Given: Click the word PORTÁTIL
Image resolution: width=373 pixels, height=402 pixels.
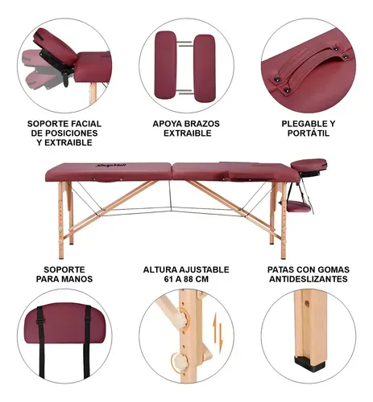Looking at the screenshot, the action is click(309, 133).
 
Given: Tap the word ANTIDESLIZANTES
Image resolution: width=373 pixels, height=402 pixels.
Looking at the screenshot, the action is click(309, 279).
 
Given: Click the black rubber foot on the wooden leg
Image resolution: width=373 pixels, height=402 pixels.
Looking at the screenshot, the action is click(309, 363).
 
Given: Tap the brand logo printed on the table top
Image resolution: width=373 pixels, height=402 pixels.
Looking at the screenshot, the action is click(111, 166).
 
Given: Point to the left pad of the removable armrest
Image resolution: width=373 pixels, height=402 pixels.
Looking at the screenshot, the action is click(165, 65).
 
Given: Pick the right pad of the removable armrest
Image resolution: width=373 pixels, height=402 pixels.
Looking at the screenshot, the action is click(205, 68).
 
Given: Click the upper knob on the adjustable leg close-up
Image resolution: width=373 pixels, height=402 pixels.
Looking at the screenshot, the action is click(182, 318).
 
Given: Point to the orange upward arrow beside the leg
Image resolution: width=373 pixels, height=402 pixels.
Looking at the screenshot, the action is click(214, 327).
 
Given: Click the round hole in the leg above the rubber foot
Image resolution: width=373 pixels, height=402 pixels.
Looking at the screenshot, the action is click(307, 304).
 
